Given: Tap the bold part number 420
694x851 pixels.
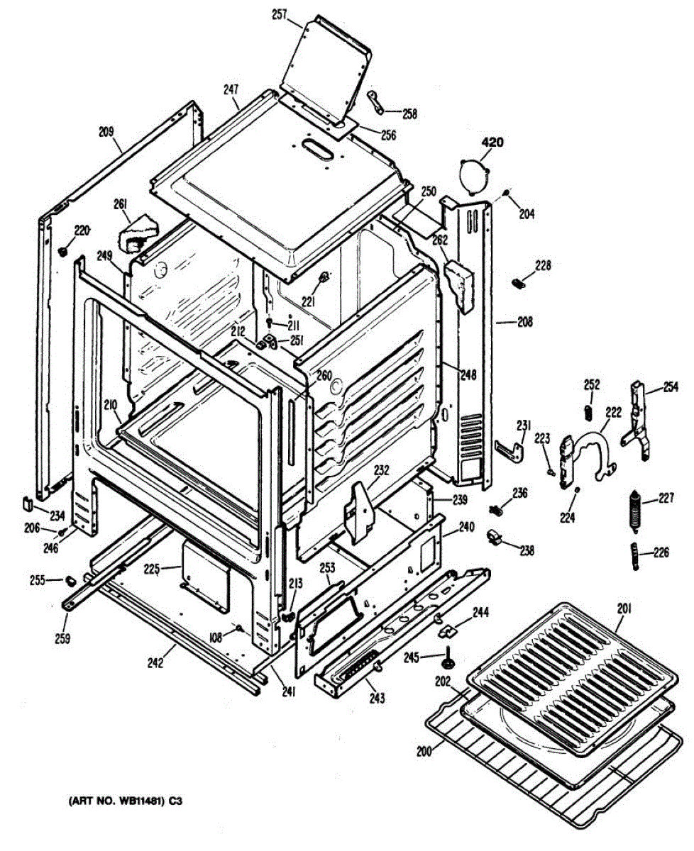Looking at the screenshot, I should coord(492,143).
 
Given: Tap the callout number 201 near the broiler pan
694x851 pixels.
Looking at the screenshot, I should coord(624,608).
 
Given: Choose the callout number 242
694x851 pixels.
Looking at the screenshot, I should coord(155,663).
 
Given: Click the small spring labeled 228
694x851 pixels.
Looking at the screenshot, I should coord(519,283).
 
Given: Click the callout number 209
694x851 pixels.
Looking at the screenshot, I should coord(106,131).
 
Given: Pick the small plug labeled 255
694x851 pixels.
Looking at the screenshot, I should coord(70,579).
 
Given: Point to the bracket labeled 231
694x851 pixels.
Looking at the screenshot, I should coord(510,448).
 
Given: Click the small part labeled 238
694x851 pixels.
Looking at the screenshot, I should coord(496,540).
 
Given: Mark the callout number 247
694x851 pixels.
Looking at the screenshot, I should coord(231,91).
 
